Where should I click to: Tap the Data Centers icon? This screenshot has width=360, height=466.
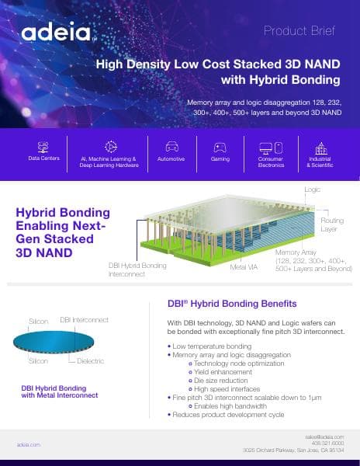click(x=43, y=146)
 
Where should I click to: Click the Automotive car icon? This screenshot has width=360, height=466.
click(x=171, y=146)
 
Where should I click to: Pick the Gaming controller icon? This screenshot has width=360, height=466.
click(x=220, y=146)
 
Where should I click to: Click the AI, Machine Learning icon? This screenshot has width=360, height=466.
click(x=111, y=146)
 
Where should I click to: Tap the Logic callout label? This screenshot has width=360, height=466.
click(x=312, y=190)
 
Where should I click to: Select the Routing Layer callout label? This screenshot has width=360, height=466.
click(x=331, y=225)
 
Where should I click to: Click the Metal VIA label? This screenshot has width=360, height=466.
click(x=244, y=266)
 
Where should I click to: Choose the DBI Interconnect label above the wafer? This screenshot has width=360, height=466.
click(x=84, y=320)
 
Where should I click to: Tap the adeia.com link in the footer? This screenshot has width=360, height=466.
click(x=29, y=444)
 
